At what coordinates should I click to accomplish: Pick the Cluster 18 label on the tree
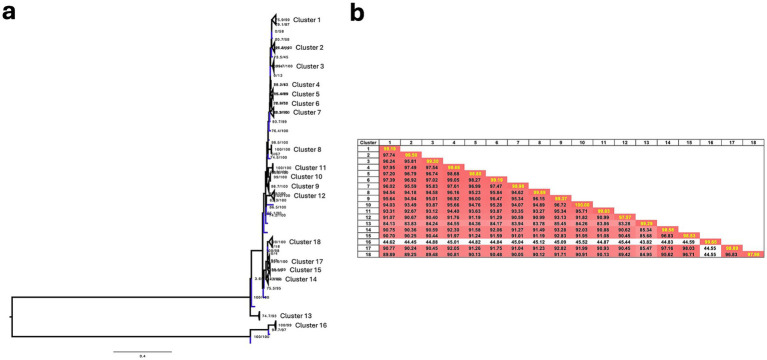307,242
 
